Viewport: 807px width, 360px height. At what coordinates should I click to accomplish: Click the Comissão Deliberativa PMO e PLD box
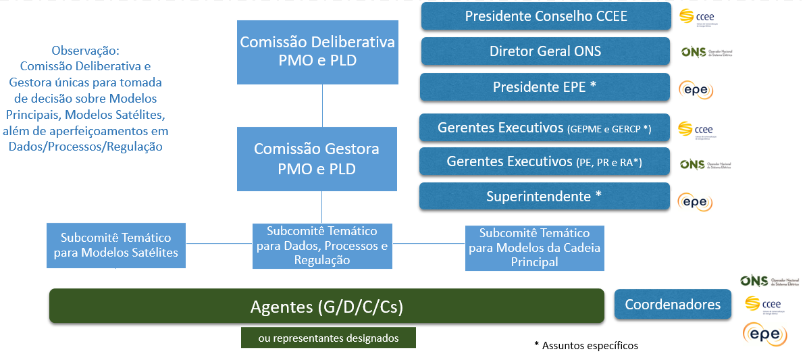[317, 51]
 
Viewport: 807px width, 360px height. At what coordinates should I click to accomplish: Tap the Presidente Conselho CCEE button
[546, 16]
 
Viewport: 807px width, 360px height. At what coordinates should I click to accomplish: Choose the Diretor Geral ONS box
[546, 51]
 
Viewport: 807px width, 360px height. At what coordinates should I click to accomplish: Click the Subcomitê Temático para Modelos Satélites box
[116, 245]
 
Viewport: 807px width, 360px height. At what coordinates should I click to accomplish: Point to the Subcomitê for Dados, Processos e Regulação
[322, 245]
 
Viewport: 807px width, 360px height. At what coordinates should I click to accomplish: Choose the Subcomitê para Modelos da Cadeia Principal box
[534, 247]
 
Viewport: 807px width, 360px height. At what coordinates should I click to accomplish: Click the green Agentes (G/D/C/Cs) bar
[327, 306]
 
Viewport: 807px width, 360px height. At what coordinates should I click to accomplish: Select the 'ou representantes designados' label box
[328, 338]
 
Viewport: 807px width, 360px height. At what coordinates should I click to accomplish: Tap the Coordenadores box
[673, 304]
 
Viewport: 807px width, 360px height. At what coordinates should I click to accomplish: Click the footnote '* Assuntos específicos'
[585, 345]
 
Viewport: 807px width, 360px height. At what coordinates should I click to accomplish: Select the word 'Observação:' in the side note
[85, 51]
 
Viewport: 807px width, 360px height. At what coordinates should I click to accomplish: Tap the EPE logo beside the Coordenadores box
[765, 334]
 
